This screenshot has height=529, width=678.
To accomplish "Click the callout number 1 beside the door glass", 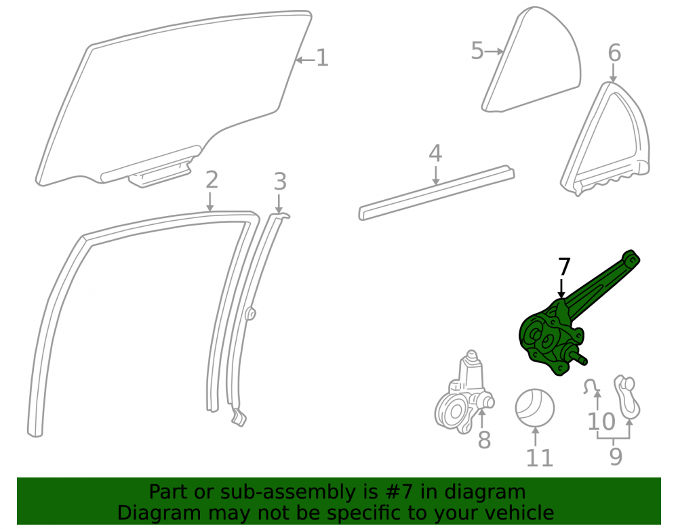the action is (x=323, y=58).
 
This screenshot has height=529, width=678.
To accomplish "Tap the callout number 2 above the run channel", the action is (x=212, y=179).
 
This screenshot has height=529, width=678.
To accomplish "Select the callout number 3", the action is (x=280, y=182).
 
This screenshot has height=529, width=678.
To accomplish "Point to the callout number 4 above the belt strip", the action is (x=435, y=153).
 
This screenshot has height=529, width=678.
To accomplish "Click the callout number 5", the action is (x=477, y=51).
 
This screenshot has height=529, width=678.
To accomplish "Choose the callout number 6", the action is (x=614, y=53).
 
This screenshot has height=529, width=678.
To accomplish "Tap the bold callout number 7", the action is (x=564, y=266).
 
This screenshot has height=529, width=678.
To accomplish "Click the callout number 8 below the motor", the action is (x=484, y=440).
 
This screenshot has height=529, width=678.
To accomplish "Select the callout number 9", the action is (x=616, y=456).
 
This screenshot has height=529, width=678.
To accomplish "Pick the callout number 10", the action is (x=601, y=421).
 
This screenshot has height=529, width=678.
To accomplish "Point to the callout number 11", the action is (x=540, y=457).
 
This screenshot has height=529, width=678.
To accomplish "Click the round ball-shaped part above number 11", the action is (x=535, y=408).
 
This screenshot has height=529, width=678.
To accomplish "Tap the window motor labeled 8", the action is (x=464, y=392).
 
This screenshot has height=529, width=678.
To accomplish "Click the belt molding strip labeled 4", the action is (x=437, y=192).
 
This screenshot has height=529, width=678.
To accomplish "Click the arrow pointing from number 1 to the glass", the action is (x=305, y=60).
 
